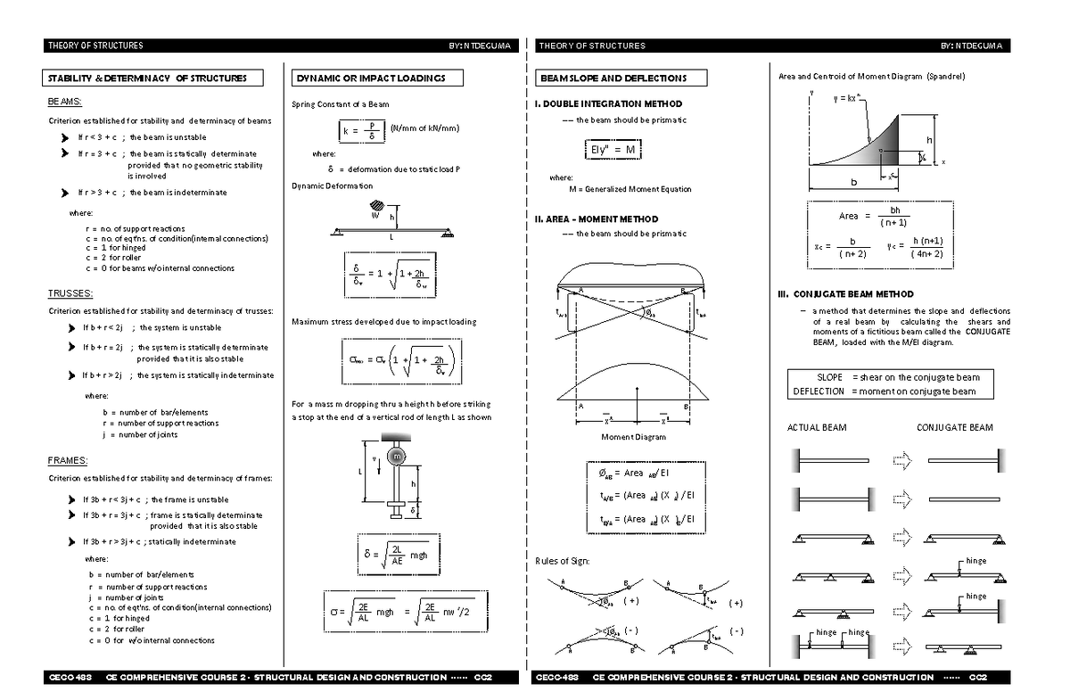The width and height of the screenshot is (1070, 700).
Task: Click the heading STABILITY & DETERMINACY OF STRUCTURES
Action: tap(153, 78)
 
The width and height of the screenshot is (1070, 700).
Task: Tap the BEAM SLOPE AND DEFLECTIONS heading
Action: tap(619, 78)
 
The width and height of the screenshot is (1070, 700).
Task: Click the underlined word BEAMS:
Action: tap(66, 103)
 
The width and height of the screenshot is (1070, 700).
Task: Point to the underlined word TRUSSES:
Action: tap(70, 293)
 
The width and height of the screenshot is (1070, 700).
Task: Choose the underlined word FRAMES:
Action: tap(68, 461)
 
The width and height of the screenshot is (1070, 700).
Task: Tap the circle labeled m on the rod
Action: tap(397, 456)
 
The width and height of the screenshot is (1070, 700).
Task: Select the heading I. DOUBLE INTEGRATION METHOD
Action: tap(608, 104)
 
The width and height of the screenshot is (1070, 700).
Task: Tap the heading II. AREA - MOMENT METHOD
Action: tap(597, 219)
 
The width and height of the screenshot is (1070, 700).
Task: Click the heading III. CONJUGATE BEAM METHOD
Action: tap(845, 294)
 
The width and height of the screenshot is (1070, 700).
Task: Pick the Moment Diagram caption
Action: tap(633, 437)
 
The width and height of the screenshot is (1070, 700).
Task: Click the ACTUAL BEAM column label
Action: tap(816, 428)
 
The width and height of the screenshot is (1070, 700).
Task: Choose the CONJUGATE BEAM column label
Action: tap(954, 428)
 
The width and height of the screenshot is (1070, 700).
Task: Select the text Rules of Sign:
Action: tap(563, 561)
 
